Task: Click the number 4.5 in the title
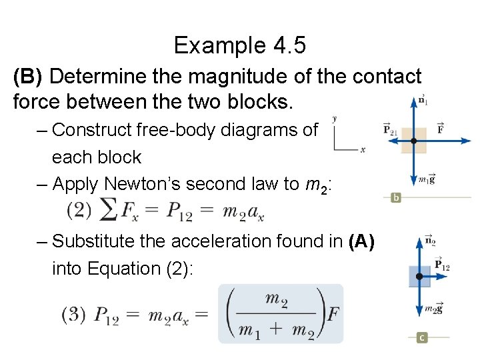click(289, 45)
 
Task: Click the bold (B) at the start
click(28, 77)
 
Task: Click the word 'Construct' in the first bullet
click(93, 130)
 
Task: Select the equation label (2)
click(79, 211)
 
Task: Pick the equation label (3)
click(74, 315)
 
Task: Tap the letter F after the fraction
click(333, 315)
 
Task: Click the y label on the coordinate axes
click(334, 119)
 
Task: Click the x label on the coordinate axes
click(363, 150)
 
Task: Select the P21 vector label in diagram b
click(391, 129)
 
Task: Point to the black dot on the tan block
click(413, 141)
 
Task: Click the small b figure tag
click(395, 198)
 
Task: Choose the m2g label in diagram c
click(433, 309)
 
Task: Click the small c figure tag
click(421, 338)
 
